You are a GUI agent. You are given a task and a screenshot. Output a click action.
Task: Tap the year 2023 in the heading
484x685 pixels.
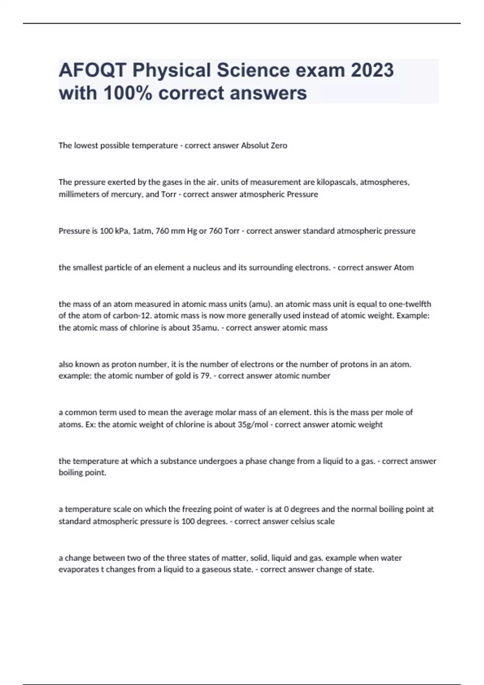[x=372, y=70]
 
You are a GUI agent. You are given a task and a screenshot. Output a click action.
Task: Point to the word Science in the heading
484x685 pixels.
[x=253, y=70]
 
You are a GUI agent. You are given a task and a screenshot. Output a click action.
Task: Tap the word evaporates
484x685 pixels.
[x=78, y=569]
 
